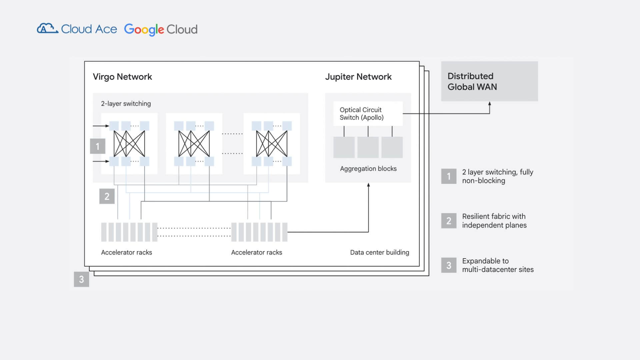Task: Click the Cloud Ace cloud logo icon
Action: pyautogui.click(x=47, y=29)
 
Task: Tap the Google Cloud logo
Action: pyautogui.click(x=161, y=29)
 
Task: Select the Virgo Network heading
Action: pyautogui.click(x=122, y=77)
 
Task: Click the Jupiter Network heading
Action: pyautogui.click(x=358, y=77)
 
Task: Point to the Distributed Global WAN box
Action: pyautogui.click(x=489, y=81)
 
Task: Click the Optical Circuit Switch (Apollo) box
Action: pyautogui.click(x=368, y=114)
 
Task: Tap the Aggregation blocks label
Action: pyautogui.click(x=368, y=169)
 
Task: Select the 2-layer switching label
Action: pyautogui.click(x=126, y=104)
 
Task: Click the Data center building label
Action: pyautogui.click(x=379, y=252)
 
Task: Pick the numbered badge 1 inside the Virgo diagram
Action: pyautogui.click(x=98, y=146)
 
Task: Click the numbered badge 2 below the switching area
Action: pyautogui.click(x=107, y=196)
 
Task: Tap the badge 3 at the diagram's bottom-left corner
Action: pyautogui.click(x=81, y=279)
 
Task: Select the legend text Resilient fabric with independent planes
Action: pyautogui.click(x=494, y=221)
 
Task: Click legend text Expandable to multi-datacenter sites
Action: pyautogui.click(x=498, y=265)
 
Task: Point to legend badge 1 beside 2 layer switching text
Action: pyautogui.click(x=449, y=176)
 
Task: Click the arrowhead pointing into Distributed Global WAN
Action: pyautogui.click(x=490, y=104)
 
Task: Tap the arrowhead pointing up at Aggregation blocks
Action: pyautogui.click(x=368, y=185)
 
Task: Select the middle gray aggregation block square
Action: pyautogui.click(x=368, y=147)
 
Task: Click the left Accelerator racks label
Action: pyautogui.click(x=126, y=252)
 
